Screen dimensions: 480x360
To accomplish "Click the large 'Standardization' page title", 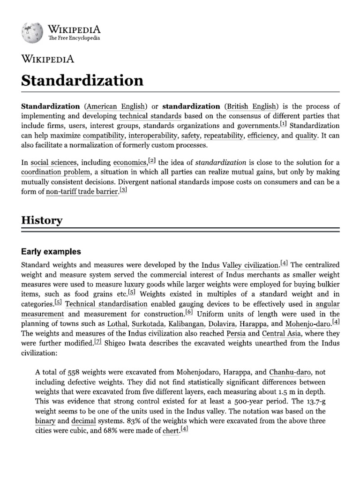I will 82,80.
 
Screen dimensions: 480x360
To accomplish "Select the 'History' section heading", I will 41,220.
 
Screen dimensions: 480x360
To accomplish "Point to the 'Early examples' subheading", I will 51,252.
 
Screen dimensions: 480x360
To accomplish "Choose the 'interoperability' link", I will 153,136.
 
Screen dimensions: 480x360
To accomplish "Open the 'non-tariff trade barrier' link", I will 82,192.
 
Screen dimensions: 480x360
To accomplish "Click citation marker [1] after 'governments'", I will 284,125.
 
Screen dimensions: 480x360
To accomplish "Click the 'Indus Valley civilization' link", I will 240,265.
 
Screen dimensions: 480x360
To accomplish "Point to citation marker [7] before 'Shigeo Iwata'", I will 97,343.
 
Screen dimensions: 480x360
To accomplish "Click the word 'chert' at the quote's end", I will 171,431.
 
